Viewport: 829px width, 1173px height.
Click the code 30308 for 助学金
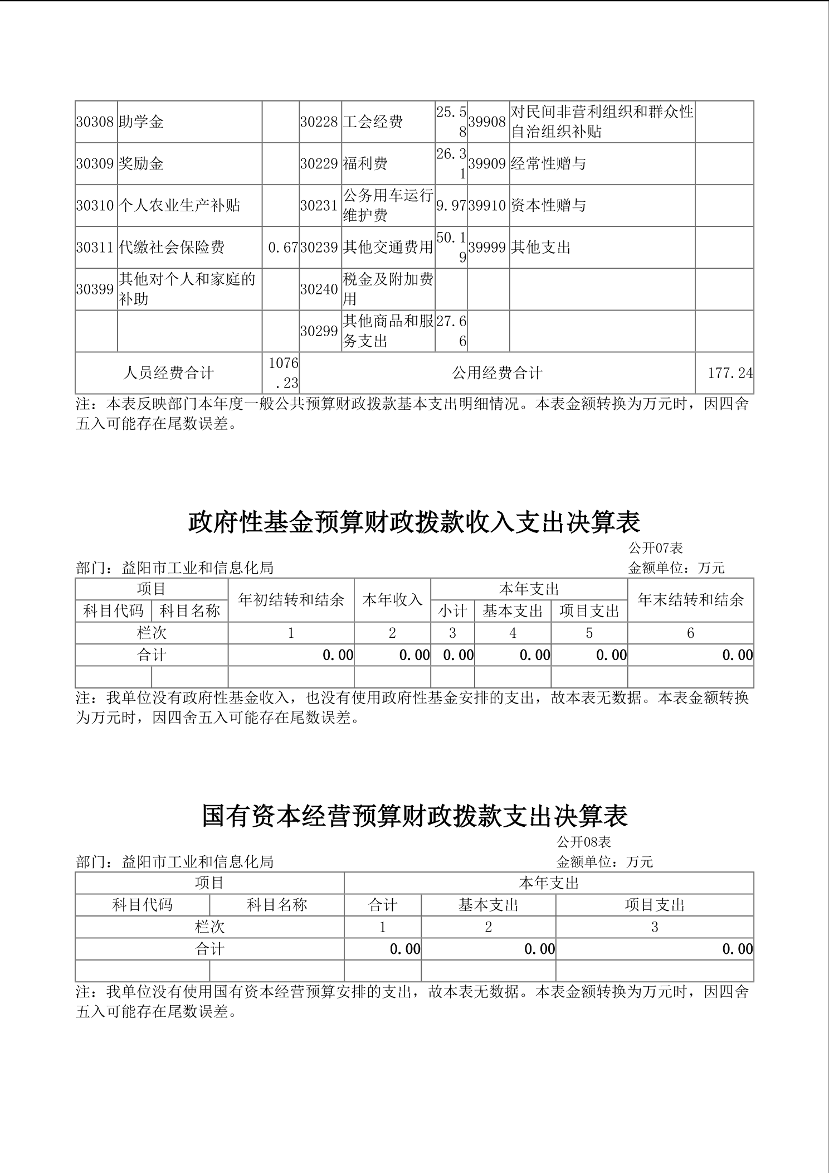[95, 122]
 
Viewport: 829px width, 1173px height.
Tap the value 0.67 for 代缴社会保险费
[283, 248]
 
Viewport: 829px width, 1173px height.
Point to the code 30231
[319, 206]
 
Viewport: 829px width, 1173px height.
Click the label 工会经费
[373, 122]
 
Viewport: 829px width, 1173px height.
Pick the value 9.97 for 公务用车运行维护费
[451, 206]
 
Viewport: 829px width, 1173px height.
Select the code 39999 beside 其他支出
[487, 248]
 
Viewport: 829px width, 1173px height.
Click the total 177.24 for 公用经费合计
[730, 373]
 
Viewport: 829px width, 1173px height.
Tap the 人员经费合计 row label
[168, 373]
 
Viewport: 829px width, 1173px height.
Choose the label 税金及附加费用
[388, 289]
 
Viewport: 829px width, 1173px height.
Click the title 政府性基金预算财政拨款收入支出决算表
[414, 522]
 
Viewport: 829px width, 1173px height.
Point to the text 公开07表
[656, 548]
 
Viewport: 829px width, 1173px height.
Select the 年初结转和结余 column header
[291, 600]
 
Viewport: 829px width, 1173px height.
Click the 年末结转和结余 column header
[690, 600]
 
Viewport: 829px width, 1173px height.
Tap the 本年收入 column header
[392, 600]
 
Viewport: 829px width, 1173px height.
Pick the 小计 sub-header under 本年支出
[452, 611]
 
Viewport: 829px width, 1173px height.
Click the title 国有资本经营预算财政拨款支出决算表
[414, 816]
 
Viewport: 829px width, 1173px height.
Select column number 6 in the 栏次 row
[690, 633]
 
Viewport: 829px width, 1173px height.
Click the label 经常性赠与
[548, 164]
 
